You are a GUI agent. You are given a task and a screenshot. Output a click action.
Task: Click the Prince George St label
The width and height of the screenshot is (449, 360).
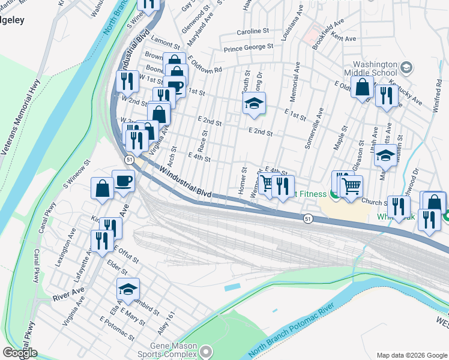tap(248, 46)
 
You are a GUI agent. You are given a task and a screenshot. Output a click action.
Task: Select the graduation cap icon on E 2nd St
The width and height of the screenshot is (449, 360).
tap(254, 103)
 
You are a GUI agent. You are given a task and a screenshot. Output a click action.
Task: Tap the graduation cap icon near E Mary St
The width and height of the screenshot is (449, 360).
tap(128, 289)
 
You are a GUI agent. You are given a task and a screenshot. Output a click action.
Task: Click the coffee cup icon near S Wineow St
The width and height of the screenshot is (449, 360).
tap(123, 181)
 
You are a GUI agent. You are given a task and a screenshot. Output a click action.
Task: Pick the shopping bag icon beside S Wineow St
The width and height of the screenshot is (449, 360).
tap(102, 188)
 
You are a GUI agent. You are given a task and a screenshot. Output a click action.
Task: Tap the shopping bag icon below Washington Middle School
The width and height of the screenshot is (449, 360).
tap(363, 87)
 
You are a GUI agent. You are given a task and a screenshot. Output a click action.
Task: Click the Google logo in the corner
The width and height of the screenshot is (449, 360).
tap(20, 353)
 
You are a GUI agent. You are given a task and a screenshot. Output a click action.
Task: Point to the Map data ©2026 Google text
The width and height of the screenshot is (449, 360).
tap(411, 355)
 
